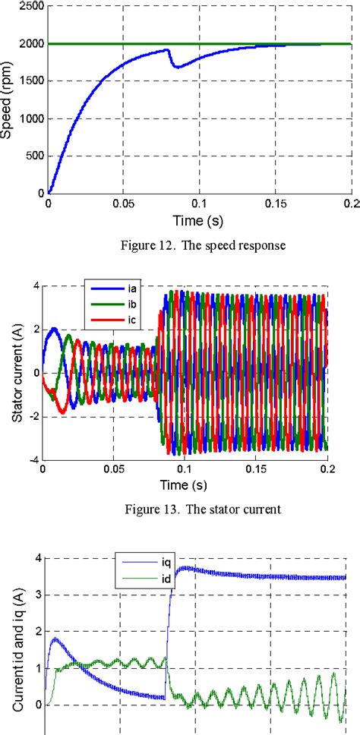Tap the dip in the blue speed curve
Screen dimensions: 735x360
pos(177,67)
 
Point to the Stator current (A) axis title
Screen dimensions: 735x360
pos(15,371)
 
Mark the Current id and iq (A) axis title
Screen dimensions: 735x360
pos(15,645)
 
